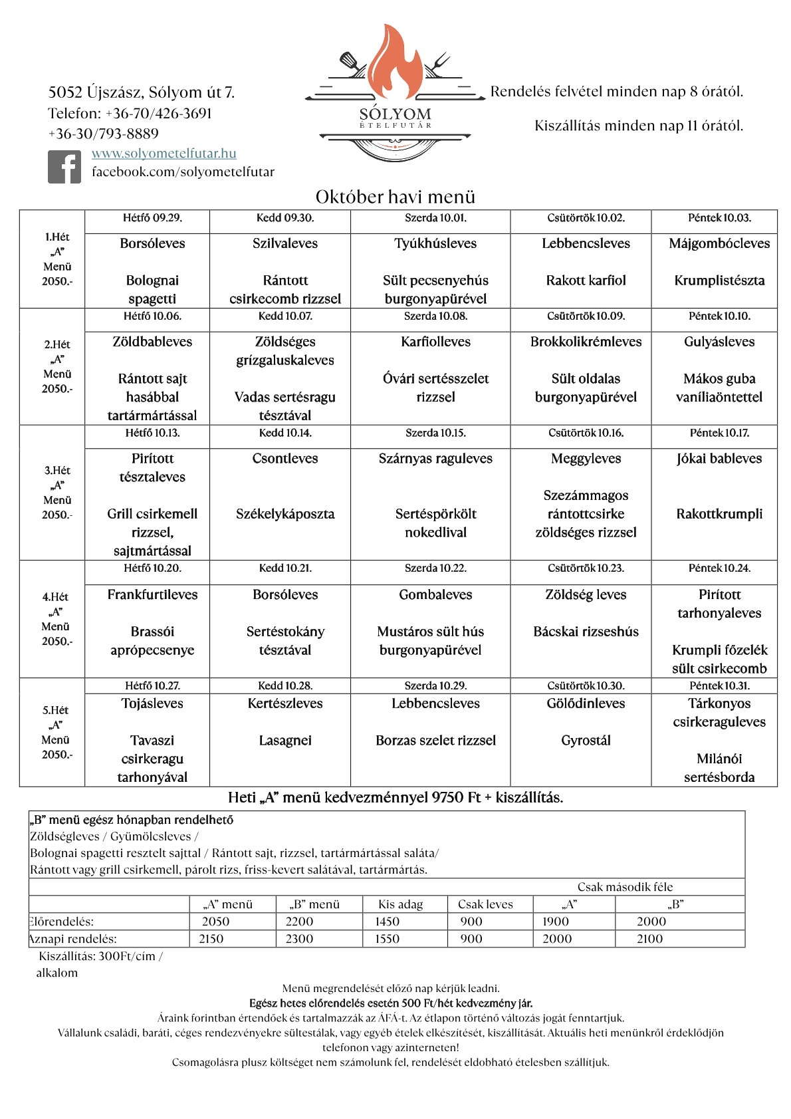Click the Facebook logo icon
(64, 166)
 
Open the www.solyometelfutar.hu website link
(164, 154)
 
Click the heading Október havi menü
(395, 197)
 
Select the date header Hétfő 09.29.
(152, 218)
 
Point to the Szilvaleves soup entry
(284, 243)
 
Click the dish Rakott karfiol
(586, 281)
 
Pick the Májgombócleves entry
(719, 243)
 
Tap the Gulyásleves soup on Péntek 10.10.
(719, 342)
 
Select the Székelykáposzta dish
(284, 514)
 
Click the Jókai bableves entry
(719, 459)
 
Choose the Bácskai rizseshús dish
(586, 632)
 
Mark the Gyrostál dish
(586, 741)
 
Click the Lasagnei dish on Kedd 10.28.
(284, 741)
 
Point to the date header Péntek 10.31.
(719, 685)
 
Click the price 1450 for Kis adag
(387, 922)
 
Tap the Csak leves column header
(485, 904)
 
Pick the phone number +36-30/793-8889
(103, 134)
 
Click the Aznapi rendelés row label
(73, 939)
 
